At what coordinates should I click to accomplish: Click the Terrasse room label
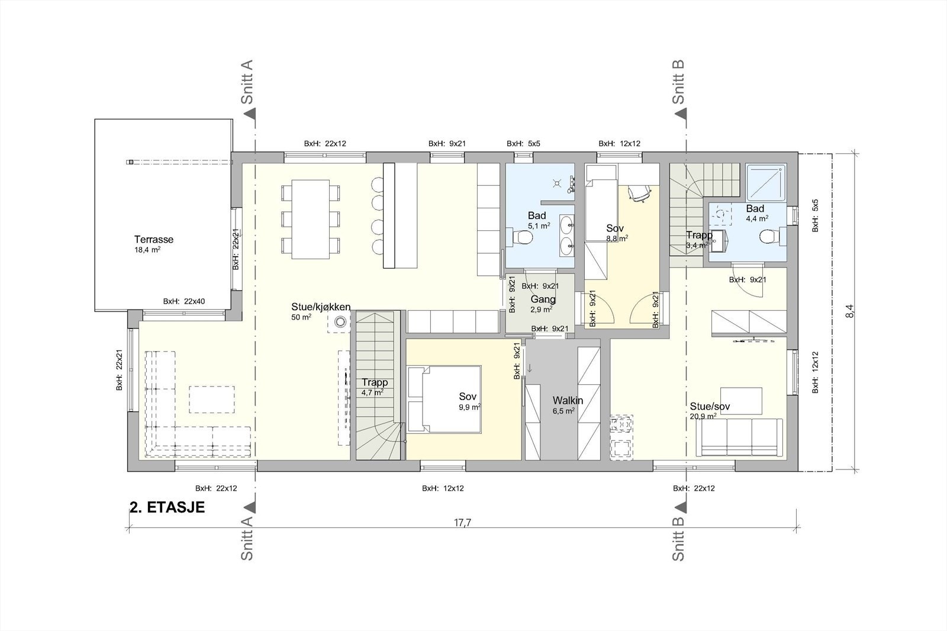pos(154,239)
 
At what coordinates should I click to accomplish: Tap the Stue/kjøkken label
pos(321,307)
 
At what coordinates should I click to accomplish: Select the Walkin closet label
pos(568,400)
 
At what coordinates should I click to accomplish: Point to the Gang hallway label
pos(543,300)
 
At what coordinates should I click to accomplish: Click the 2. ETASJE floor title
pos(167,507)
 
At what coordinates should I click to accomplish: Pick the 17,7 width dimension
pos(462,523)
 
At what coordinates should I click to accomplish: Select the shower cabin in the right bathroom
pos(766,182)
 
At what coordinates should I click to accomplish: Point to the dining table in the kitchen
pos(311,219)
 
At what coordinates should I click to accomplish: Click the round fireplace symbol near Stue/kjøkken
pos(340,323)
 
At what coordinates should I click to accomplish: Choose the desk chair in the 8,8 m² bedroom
pos(639,194)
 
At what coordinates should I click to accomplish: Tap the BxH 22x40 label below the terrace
pos(184,301)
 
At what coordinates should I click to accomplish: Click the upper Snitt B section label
pos(678,82)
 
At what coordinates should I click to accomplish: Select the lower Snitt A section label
pos(247,539)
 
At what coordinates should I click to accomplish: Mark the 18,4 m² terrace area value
pos(147,250)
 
